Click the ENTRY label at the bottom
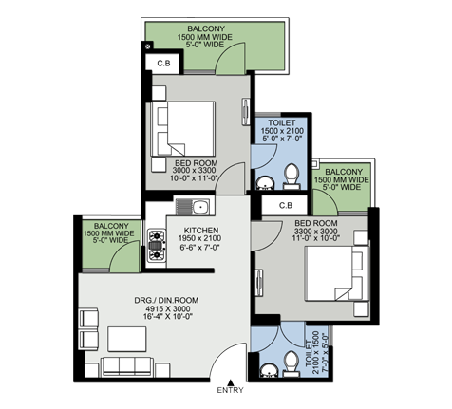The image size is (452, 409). coord(230,390)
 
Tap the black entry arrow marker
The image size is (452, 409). coord(231,382)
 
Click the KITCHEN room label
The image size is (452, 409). coord(201,231)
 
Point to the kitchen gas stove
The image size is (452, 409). coord(157,246)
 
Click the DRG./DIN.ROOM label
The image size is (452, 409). coord(166,300)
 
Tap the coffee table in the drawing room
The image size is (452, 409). coord(127,339)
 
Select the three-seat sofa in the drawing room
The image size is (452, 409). coord(127,367)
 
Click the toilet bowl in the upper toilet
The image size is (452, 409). coord(292,176)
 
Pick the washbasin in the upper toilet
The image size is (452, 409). coord(265,183)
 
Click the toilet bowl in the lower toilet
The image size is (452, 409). coord(292,363)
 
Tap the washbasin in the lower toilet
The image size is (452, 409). coord(269,370)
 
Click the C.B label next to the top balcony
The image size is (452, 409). coord(163,64)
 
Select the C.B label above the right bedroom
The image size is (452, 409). coord(286,206)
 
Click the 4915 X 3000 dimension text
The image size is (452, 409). coord(168,308)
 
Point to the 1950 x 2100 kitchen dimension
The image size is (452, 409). coord(199,238)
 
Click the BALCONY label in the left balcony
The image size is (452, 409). coord(111,226)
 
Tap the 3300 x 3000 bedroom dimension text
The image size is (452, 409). coord(316,231)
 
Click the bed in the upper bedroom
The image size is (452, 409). coord(183,129)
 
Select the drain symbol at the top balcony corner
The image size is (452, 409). coord(147,46)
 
